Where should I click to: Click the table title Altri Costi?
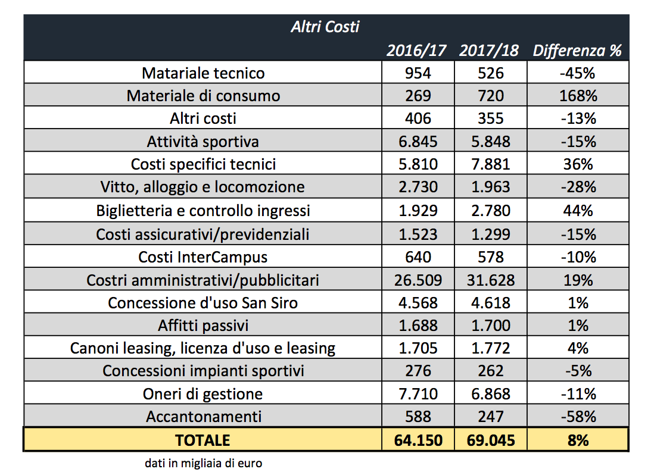click(x=325, y=27)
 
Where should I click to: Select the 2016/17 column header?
click(x=416, y=51)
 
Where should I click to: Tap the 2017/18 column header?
click(x=489, y=51)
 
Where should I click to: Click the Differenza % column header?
click(x=577, y=51)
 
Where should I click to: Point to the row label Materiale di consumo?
click(x=203, y=96)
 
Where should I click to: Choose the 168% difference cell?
click(x=578, y=96)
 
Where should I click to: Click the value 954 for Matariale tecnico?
click(x=418, y=73)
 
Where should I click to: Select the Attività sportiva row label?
click(x=203, y=142)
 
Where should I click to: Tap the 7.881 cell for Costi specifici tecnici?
click(x=491, y=164)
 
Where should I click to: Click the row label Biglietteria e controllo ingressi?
click(x=203, y=211)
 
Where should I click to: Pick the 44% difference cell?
click(x=578, y=211)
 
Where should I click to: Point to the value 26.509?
click(x=418, y=280)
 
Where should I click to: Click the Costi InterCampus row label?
click(x=203, y=258)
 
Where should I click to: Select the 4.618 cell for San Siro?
click(x=491, y=303)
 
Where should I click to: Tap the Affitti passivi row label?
click(x=203, y=326)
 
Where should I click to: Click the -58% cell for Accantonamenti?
click(x=578, y=417)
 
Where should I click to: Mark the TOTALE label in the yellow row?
click(x=203, y=440)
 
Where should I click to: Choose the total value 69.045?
click(x=491, y=440)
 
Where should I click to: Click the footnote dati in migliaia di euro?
click(x=204, y=463)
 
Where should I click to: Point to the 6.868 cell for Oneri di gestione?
click(x=491, y=394)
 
